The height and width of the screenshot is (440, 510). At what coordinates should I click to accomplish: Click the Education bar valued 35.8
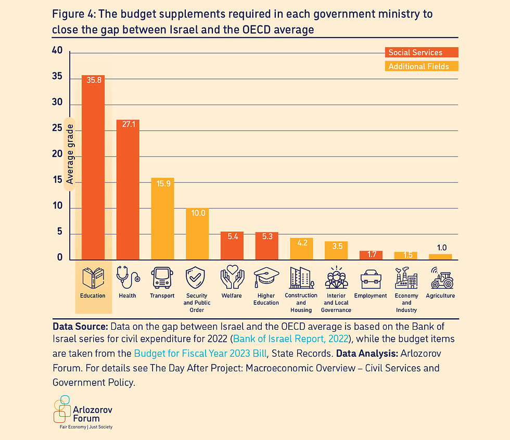click(x=93, y=166)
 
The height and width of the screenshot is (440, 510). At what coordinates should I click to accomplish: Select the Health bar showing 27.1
click(x=127, y=190)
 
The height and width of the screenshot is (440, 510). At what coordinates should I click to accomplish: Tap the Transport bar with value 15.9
click(x=162, y=218)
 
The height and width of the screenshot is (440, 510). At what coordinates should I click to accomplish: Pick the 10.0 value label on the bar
click(x=197, y=213)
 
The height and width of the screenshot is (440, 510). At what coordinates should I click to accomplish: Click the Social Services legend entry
click(x=415, y=53)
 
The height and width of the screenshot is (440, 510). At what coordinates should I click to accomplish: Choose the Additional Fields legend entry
click(x=418, y=67)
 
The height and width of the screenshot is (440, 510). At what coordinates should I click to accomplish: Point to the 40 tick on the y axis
click(x=57, y=50)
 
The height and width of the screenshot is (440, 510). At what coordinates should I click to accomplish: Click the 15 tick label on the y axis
click(x=57, y=180)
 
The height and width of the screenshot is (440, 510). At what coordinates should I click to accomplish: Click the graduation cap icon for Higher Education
click(x=266, y=278)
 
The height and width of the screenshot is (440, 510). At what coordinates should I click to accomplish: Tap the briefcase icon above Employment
click(x=371, y=279)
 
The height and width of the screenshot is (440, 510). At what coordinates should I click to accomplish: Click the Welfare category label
click(x=232, y=296)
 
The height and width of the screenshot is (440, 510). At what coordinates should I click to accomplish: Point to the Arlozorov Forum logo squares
click(x=62, y=409)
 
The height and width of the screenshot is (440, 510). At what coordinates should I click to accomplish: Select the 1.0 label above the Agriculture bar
click(x=441, y=248)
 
